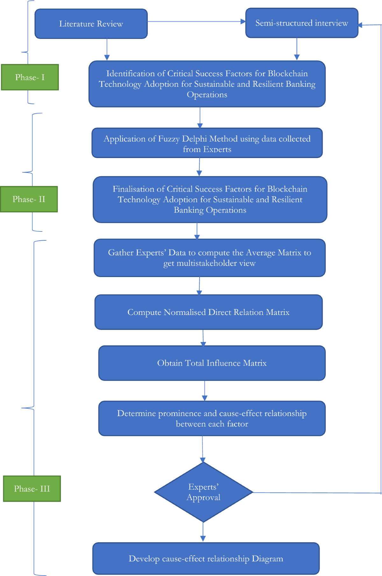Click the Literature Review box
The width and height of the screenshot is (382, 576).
[x=91, y=24]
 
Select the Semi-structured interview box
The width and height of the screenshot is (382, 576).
[x=301, y=23]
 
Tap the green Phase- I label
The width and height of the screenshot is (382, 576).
[x=30, y=77]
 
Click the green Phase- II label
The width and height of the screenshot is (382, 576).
[x=29, y=199]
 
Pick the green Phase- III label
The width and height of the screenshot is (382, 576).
[x=32, y=489]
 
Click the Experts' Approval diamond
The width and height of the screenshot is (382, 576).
[x=203, y=492]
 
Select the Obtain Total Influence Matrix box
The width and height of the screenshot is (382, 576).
[x=212, y=363]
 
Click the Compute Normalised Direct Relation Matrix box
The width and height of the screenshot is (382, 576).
[x=209, y=312]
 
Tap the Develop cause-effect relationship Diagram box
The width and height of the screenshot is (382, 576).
[x=206, y=558]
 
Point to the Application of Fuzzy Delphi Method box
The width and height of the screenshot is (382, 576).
[x=207, y=143]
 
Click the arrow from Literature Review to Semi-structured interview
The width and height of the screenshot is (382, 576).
[x=196, y=22]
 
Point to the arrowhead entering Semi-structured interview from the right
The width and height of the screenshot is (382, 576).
[x=360, y=25]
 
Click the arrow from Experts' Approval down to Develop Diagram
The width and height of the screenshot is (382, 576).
[x=203, y=532]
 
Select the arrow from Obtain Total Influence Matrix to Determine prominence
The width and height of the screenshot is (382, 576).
[x=205, y=390]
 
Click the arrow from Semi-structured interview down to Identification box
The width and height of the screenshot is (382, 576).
[x=297, y=49]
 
